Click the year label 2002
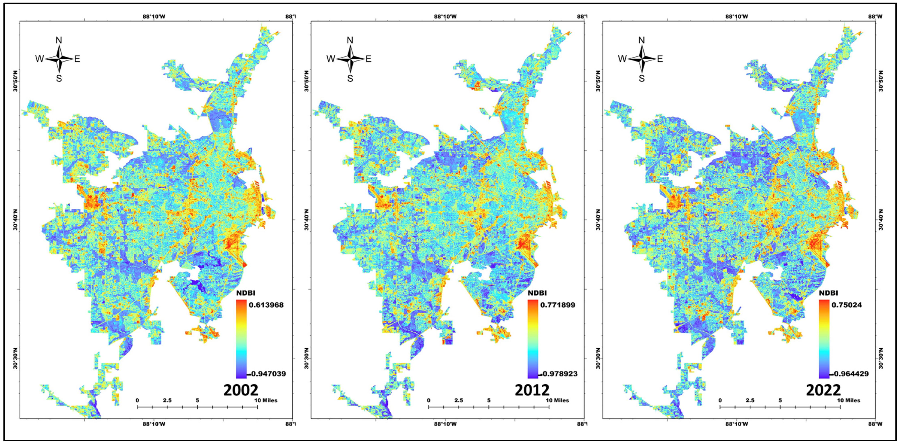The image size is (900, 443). tap(240, 390)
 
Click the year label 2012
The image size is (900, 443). tap(532, 390)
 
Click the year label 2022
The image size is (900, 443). tap(823, 390)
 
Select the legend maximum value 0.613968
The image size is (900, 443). tap(266, 305)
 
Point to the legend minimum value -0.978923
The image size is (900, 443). tap(558, 374)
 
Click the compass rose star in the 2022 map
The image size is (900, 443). tap(641, 59)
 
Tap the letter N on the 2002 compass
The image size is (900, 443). tap(59, 40)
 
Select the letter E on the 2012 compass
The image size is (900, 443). tap(368, 59)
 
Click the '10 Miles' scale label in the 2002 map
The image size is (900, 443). tap(266, 400)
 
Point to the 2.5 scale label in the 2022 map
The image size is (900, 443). tap(750, 400)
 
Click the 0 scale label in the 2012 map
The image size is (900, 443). tap(429, 400)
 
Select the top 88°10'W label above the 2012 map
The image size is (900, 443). tap(445, 16)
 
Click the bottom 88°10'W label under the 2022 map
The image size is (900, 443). tap(736, 424)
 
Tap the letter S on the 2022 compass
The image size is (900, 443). tap(641, 79)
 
